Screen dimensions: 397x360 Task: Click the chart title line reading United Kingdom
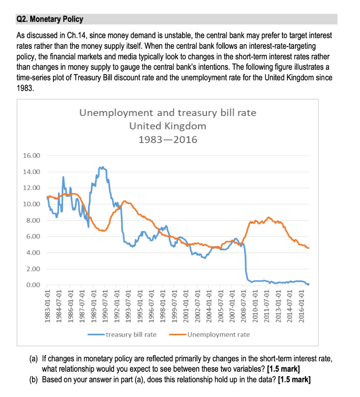pyautogui.click(x=167, y=126)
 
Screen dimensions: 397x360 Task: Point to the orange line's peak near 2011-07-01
pyautogui.click(x=269, y=217)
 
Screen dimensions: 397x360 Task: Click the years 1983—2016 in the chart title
pyautogui.click(x=167, y=140)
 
